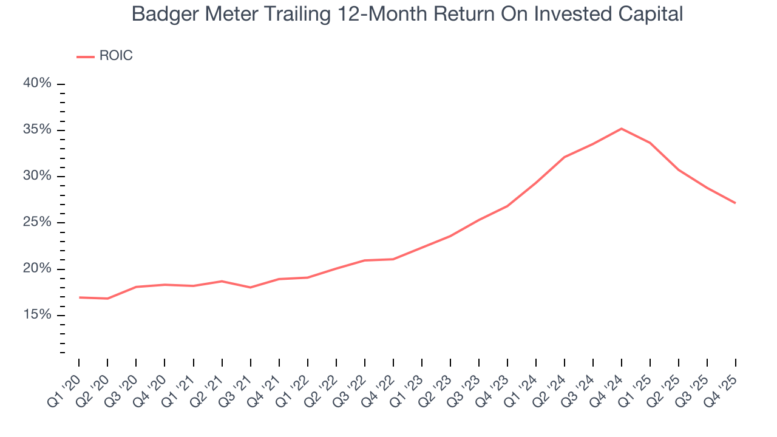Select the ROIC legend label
click(116, 56)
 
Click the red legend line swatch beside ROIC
click(85, 56)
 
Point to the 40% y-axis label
click(37, 83)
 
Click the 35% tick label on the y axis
click(37, 130)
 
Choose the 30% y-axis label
click(37, 176)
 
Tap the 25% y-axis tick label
click(37, 222)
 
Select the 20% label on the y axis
click(37, 269)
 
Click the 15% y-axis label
click(37, 315)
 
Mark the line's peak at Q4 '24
click(621, 129)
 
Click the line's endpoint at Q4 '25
click(735, 203)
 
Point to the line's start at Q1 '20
click(80, 297)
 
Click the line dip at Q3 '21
click(251, 287)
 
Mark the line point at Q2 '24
click(565, 157)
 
